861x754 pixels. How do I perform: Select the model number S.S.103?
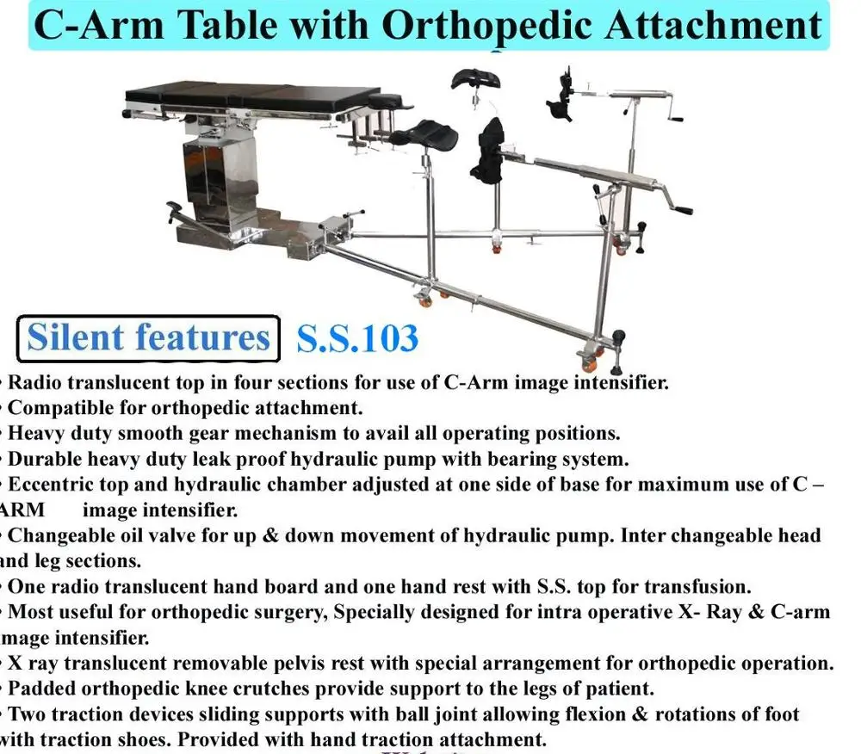pyautogui.click(x=357, y=337)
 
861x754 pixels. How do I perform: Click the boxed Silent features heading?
pyautogui.click(x=149, y=337)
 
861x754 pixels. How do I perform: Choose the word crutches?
pyautogui.click(x=240, y=689)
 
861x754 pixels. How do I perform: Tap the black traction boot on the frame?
pyautogui.click(x=491, y=151)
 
